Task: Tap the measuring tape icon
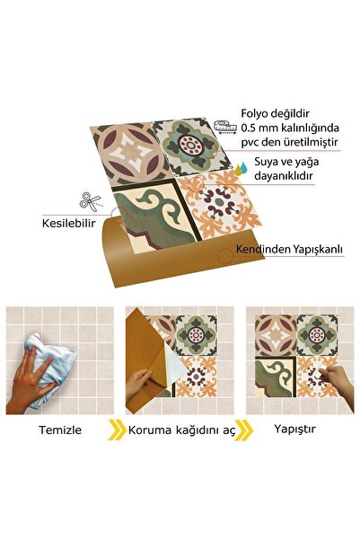coord(226,126)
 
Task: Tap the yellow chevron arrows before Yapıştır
coord(243,430)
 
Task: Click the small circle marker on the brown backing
coord(224,256)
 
